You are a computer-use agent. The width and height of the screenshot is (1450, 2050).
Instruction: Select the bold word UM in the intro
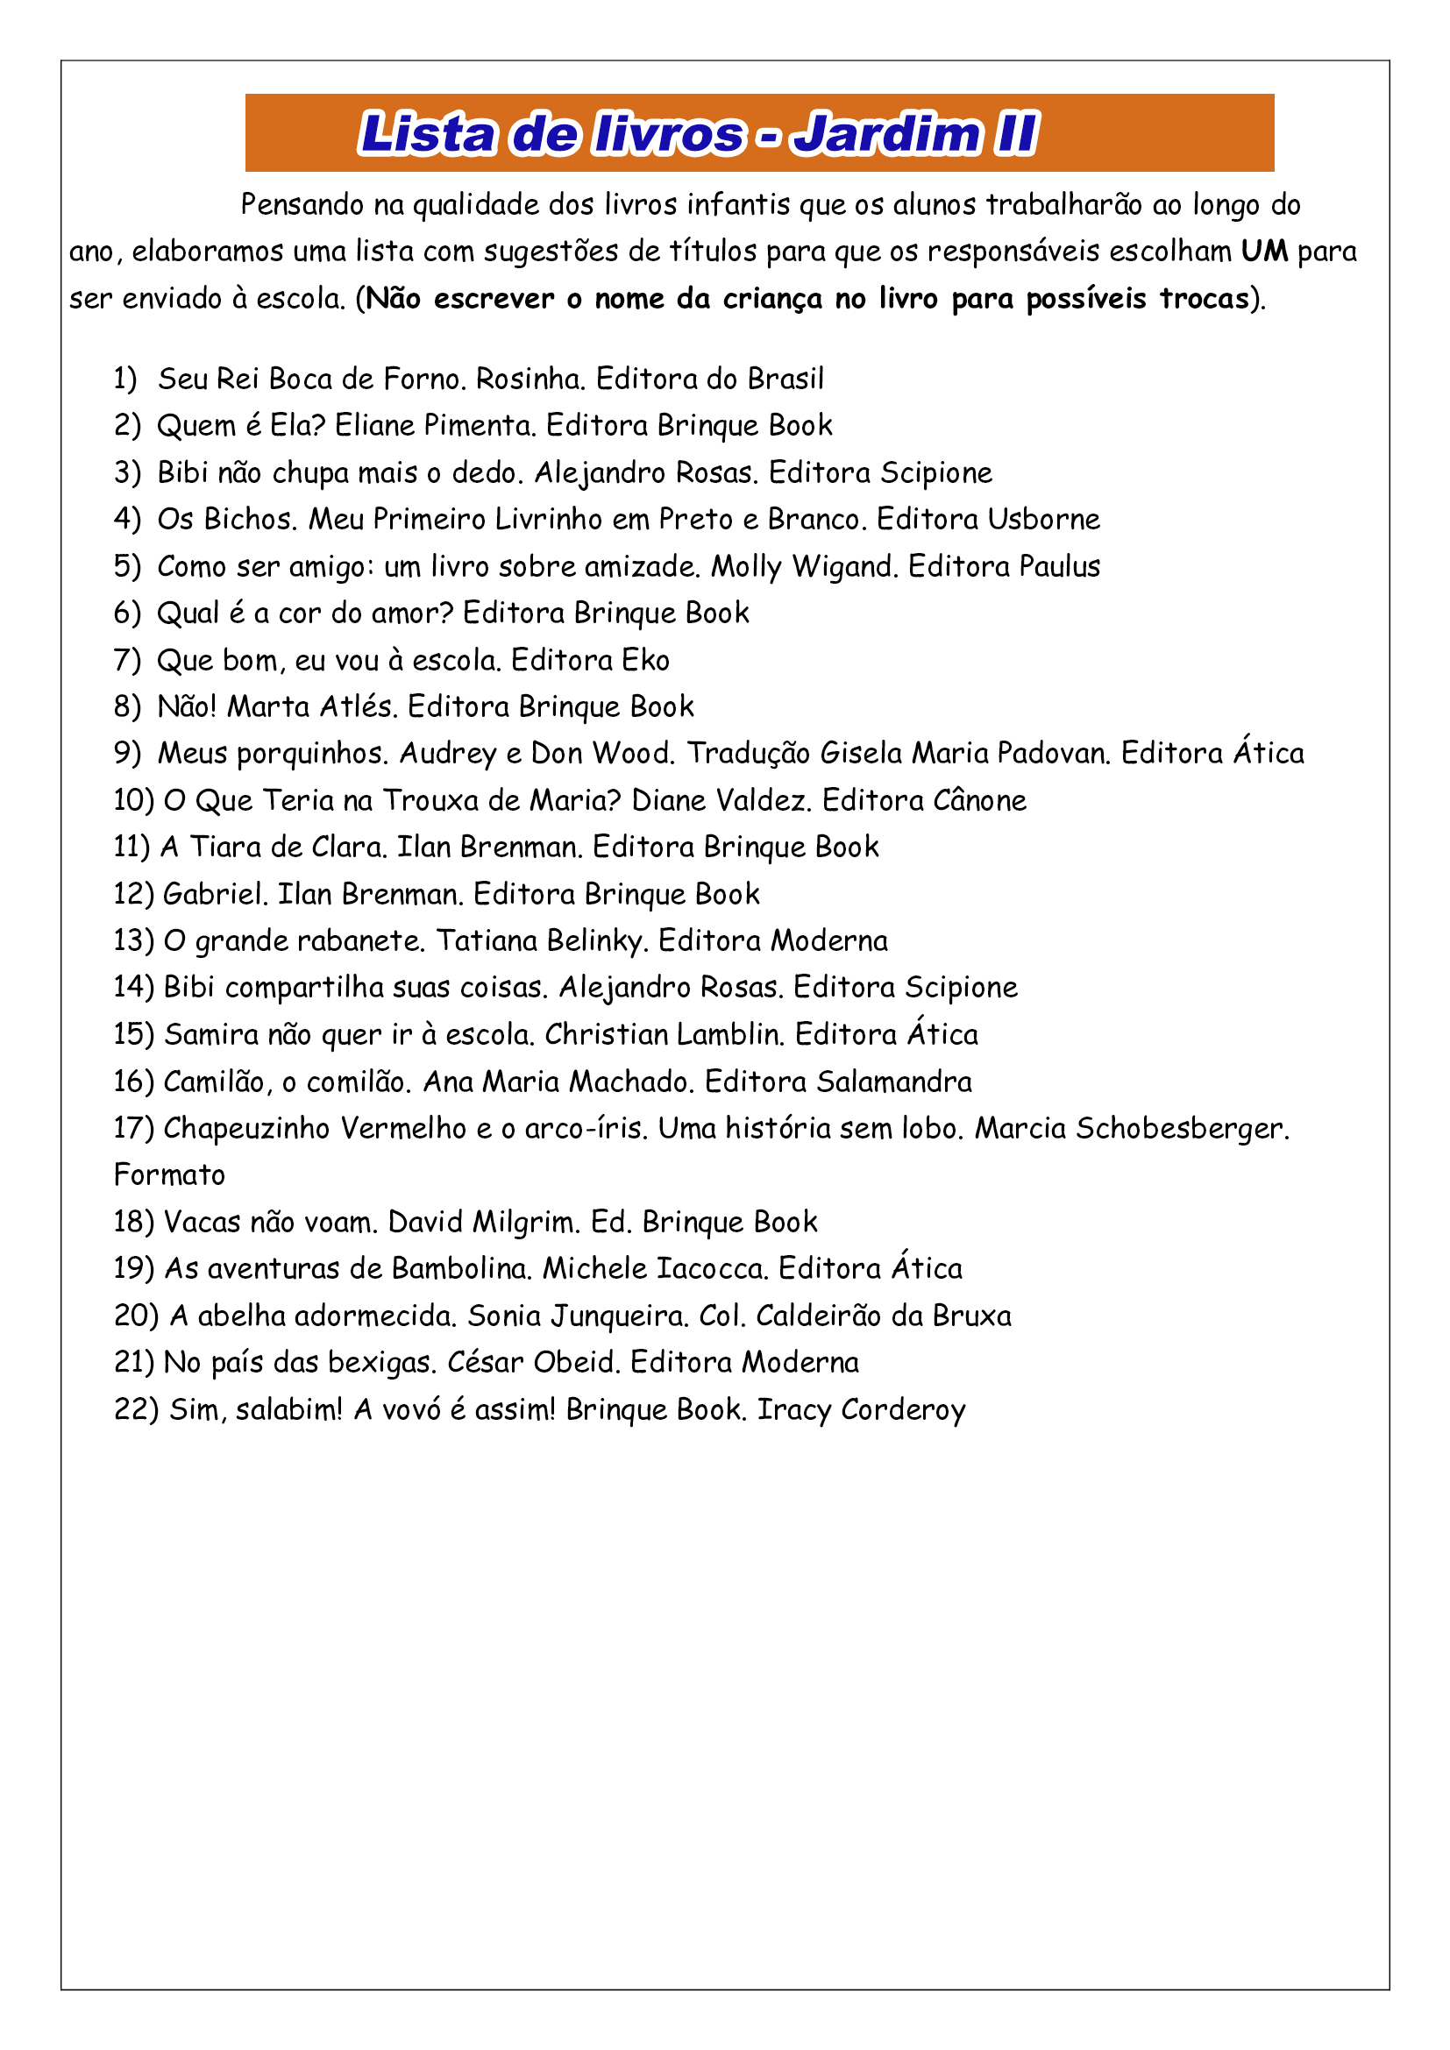(1264, 252)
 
